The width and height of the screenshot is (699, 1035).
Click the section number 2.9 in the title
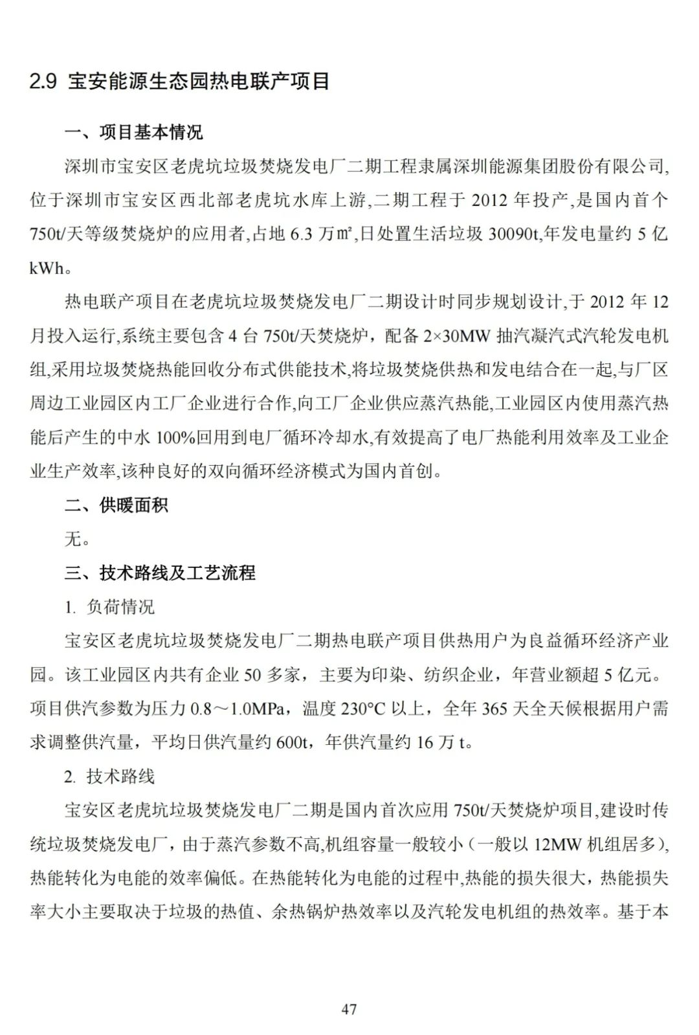click(43, 82)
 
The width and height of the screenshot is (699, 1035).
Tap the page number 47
click(349, 1008)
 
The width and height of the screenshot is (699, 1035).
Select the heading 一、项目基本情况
click(134, 132)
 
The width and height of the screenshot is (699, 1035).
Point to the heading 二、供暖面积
click(116, 505)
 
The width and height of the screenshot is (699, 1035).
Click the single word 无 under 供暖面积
click(73, 539)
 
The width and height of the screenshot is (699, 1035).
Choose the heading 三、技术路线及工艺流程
click(160, 573)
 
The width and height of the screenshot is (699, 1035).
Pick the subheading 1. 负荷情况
click(109, 607)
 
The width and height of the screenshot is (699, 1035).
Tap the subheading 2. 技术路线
click(109, 776)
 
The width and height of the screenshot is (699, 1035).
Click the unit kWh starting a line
click(47, 268)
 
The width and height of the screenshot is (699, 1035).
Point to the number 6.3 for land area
click(301, 234)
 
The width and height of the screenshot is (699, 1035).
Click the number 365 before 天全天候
click(494, 709)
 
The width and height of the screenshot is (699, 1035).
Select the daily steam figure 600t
click(292, 742)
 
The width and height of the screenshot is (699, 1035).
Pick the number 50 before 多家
click(252, 675)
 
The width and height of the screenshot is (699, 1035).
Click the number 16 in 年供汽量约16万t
click(425, 742)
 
